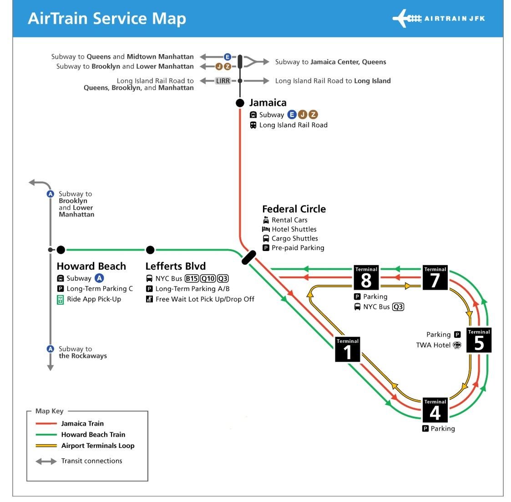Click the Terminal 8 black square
(x=366, y=277)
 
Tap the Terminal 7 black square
(x=435, y=277)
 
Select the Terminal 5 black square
(x=479, y=340)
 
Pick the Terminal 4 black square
(x=435, y=410)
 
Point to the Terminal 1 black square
(x=348, y=349)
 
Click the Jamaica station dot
(x=240, y=103)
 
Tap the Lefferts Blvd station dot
(x=150, y=250)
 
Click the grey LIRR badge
(x=223, y=81)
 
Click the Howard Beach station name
(x=91, y=266)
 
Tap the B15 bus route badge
(x=192, y=279)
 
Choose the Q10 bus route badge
(x=208, y=279)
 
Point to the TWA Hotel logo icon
(x=457, y=345)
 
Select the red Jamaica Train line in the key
(x=46, y=424)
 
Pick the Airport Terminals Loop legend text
(x=98, y=446)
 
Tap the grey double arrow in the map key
(x=46, y=462)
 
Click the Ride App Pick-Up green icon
(x=60, y=300)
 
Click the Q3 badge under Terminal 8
(x=398, y=307)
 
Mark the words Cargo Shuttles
(x=295, y=239)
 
